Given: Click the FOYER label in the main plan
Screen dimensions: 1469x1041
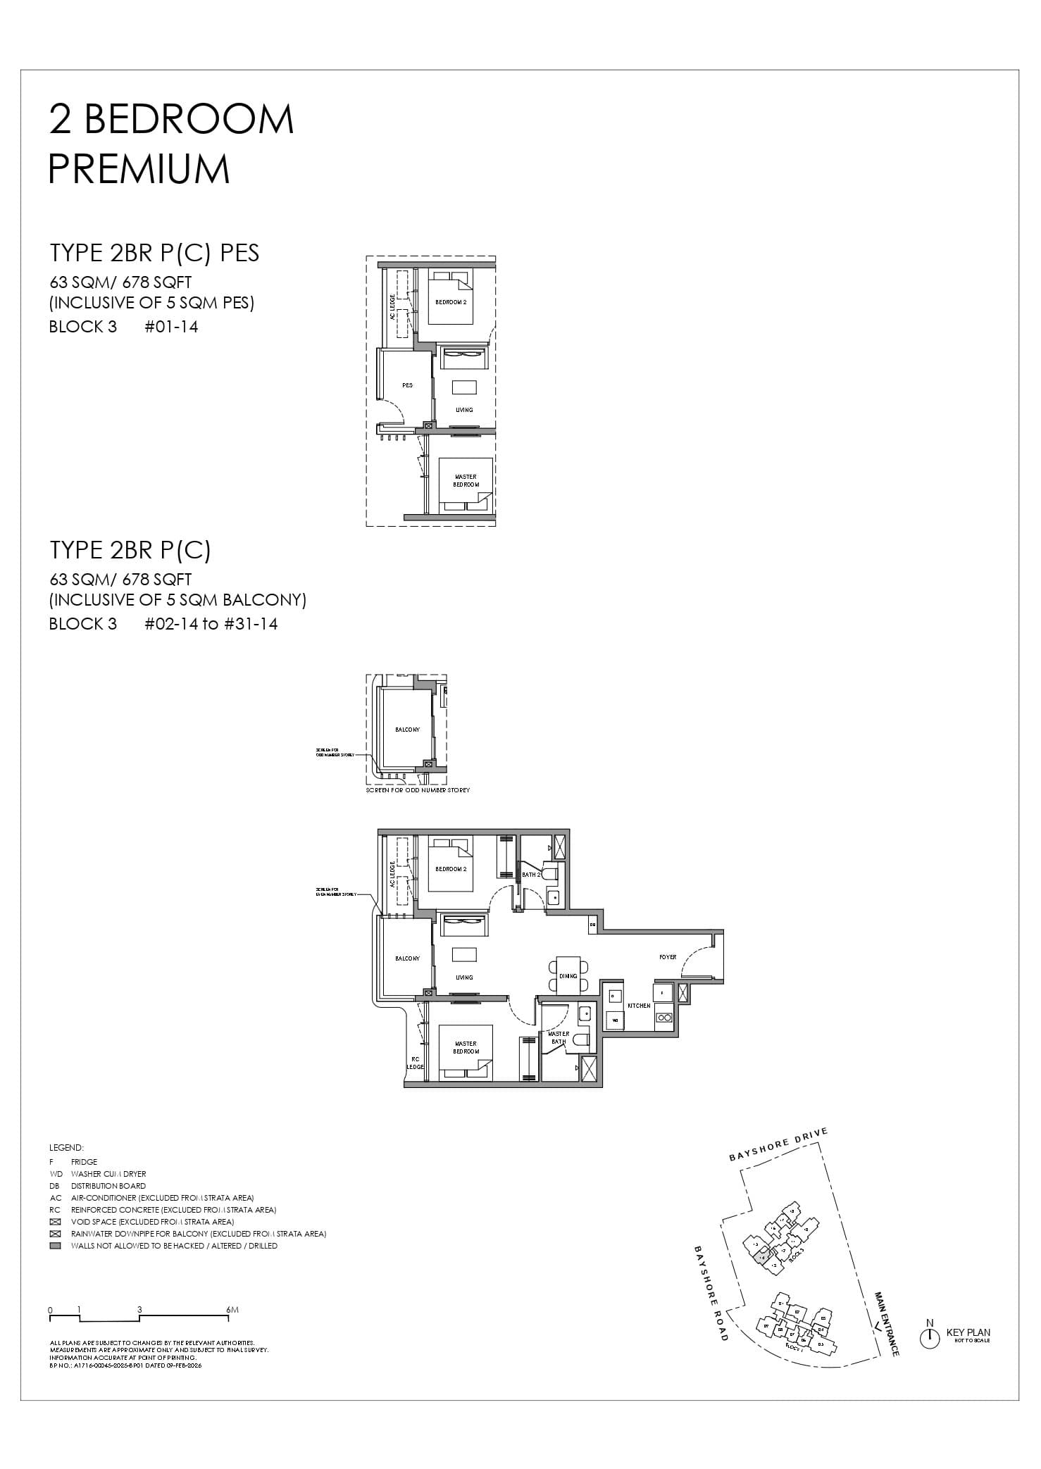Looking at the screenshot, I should (x=668, y=957).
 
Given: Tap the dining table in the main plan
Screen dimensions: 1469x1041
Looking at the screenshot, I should (x=568, y=975).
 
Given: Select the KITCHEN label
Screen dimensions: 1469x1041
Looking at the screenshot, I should (x=639, y=1006).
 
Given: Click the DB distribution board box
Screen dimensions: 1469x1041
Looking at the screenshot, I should (x=593, y=924).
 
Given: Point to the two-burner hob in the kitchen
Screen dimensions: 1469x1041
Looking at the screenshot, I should (x=663, y=1018).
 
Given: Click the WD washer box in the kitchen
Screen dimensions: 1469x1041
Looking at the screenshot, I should (x=614, y=1019).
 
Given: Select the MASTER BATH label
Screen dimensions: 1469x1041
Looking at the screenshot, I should (x=559, y=1037).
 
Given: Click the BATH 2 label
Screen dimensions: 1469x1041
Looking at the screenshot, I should (x=530, y=875).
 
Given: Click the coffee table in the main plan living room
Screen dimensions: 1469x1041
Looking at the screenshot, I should (x=464, y=954).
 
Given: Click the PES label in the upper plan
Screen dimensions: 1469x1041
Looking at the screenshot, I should (x=407, y=385).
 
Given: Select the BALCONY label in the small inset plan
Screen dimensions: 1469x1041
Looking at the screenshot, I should (x=407, y=730).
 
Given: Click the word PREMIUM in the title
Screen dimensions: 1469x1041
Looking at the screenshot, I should (x=139, y=169).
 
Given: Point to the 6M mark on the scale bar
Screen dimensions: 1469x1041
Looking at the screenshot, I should (x=233, y=1310).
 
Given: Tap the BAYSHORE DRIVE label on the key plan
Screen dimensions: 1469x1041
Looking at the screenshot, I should (x=778, y=1146).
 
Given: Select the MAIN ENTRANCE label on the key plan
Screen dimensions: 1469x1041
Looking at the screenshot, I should (x=887, y=1323).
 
